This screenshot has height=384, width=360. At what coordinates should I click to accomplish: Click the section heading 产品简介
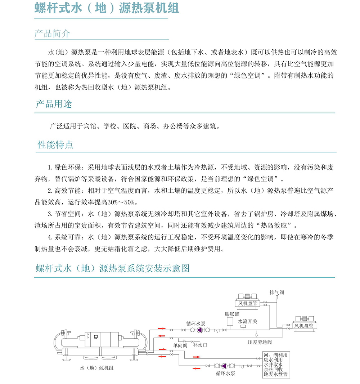(x=52, y=34)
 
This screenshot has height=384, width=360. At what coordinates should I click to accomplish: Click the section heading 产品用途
(x=54, y=104)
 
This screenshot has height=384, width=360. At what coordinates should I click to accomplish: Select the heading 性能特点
(x=55, y=145)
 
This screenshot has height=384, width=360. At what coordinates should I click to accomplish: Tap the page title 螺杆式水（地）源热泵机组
(x=107, y=8)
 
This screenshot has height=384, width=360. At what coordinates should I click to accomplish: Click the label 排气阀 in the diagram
(x=276, y=293)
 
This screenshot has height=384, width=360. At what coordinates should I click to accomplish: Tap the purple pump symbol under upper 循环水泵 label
(x=199, y=330)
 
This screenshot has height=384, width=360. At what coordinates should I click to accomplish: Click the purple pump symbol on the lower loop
(x=223, y=366)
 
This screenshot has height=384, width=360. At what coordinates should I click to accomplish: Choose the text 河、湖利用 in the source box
(x=275, y=355)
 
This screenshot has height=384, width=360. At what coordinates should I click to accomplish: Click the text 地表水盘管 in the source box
(x=275, y=375)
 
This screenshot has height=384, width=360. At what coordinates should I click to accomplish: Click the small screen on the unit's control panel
(x=96, y=337)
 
